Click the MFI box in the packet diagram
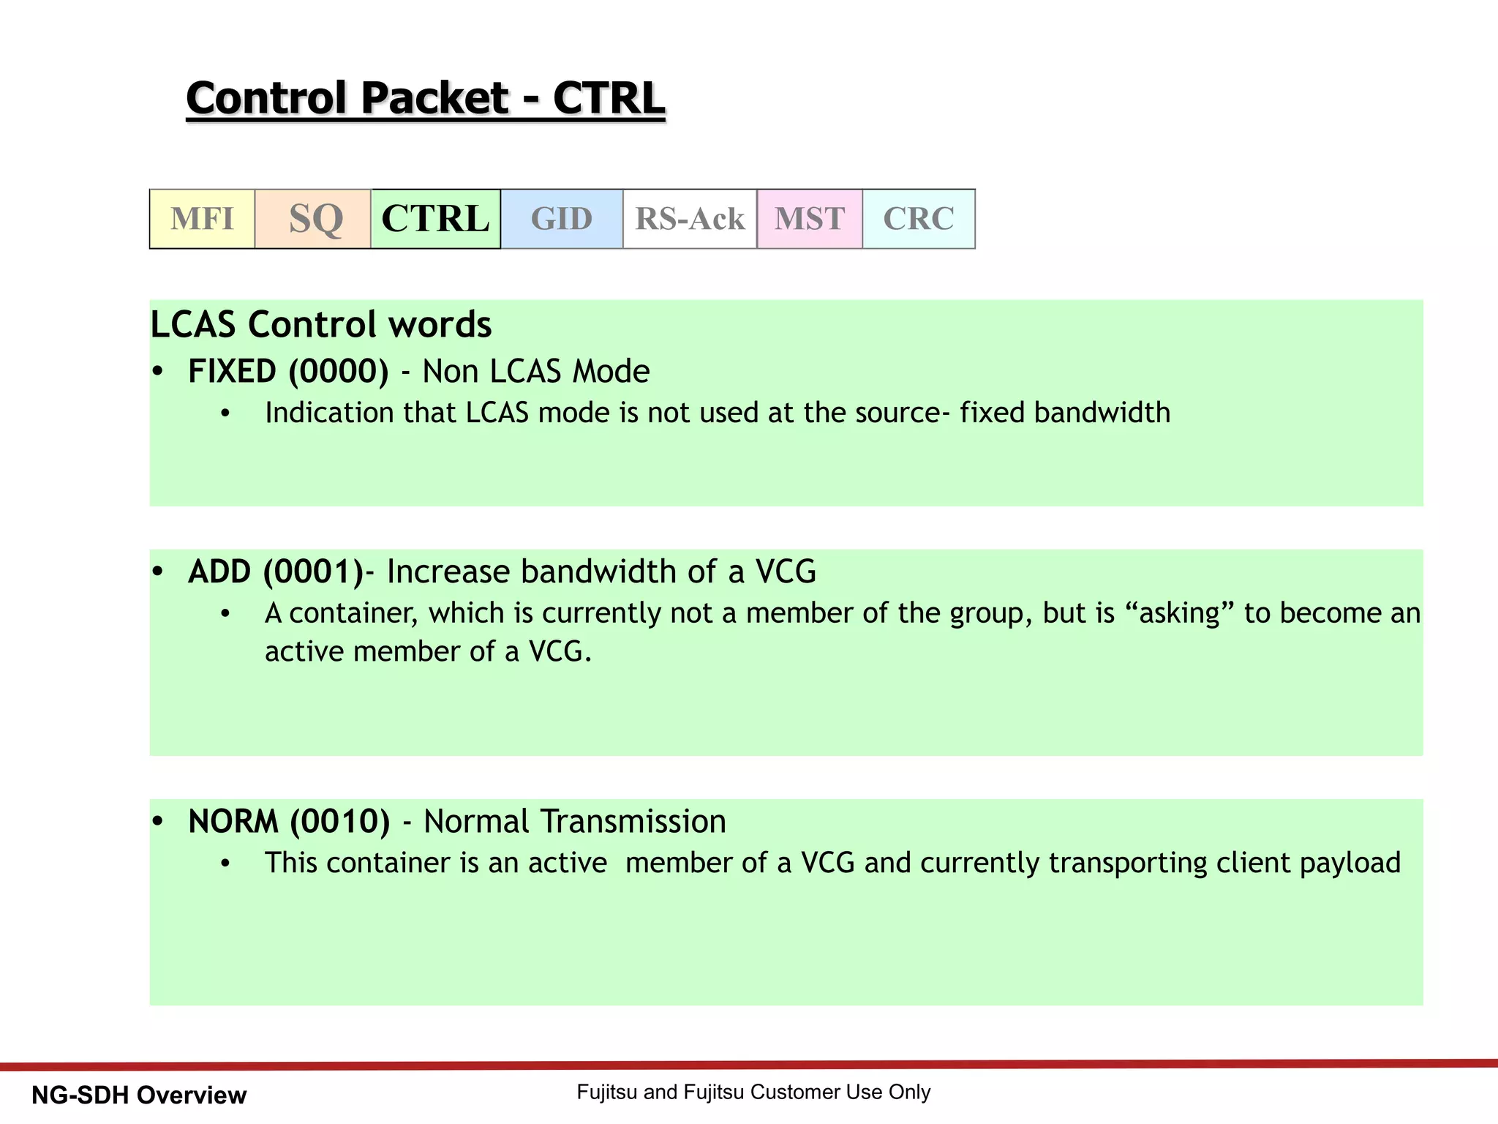pos(202,219)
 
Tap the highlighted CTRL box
pos(436,219)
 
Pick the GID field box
pos(562,219)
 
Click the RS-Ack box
pos(690,219)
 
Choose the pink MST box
pos(810,219)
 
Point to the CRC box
pos(919,219)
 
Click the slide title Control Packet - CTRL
pos(426,98)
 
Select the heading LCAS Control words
pos(320,324)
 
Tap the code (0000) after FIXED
pos(339,372)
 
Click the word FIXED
pos(232,372)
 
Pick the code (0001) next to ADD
pos(313,572)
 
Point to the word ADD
pos(219,572)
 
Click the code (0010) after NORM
pos(340,822)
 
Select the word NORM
pos(233,822)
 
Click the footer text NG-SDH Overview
pos(139,1095)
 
